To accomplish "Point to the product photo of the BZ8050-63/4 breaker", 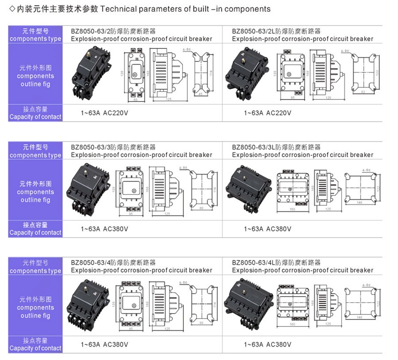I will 92,305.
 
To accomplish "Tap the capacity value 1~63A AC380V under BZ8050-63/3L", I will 267,229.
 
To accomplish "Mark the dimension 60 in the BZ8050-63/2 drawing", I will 136,100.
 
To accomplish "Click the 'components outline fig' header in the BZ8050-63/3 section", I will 36,192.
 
